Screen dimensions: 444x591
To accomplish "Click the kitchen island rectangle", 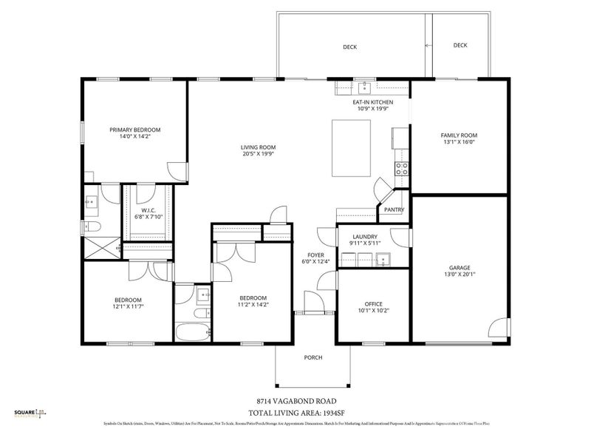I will [352, 148].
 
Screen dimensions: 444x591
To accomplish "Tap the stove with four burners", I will [403, 169].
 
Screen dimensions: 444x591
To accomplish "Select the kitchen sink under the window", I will [366, 87].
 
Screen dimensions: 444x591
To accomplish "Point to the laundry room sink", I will [383, 258].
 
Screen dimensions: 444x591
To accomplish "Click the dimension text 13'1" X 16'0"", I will [459, 144].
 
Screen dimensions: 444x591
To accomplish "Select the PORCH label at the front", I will [313, 357].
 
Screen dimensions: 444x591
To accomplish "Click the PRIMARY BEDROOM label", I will [135, 129].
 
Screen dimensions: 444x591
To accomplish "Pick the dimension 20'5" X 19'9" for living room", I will [258, 154].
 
